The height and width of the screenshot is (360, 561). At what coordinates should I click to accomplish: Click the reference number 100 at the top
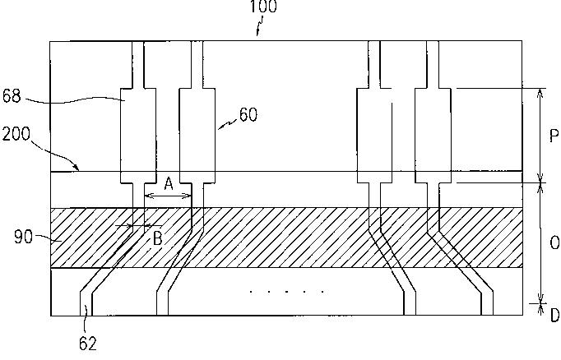click(x=265, y=7)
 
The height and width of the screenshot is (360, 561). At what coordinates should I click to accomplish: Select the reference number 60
click(x=248, y=115)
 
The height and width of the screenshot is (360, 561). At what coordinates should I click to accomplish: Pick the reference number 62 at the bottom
click(x=88, y=343)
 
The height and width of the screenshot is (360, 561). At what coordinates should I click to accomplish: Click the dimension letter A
click(x=168, y=184)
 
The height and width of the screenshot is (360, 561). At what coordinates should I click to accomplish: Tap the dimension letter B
click(x=156, y=238)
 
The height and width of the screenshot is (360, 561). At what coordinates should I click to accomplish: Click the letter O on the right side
click(x=554, y=243)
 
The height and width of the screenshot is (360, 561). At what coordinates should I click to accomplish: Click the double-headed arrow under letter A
click(x=168, y=196)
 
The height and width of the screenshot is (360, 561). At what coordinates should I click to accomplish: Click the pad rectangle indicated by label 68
click(x=138, y=135)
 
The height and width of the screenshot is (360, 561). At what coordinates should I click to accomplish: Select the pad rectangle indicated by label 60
click(x=197, y=135)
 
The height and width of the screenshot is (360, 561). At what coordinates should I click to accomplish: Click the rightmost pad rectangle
click(x=433, y=135)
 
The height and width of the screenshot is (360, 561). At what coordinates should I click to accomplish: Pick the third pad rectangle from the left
click(x=374, y=135)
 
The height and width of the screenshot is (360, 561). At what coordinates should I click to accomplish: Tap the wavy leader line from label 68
click(x=74, y=101)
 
